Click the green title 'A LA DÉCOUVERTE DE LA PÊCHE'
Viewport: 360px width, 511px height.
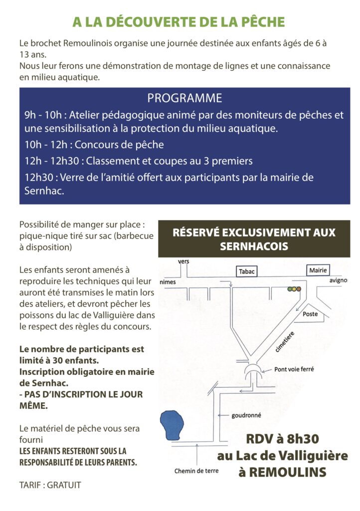pos(179,22)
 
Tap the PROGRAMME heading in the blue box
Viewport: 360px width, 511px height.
pos(184,98)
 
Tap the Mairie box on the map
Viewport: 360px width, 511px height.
pos(318,270)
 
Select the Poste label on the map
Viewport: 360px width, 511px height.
pos(310,314)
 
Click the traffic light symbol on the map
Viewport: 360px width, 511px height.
pos(295,289)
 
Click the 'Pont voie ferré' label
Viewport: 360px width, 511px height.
pos(294,370)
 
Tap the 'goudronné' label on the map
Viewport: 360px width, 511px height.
pos(246,415)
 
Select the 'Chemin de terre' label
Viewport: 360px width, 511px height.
pos(196,471)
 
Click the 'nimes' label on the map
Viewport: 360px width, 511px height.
pos(168,281)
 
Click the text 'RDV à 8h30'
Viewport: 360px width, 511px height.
pos(282,440)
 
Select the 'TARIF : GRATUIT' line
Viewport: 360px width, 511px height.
pos(50,485)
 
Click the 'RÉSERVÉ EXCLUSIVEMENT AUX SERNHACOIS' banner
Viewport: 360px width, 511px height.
pos(254,239)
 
